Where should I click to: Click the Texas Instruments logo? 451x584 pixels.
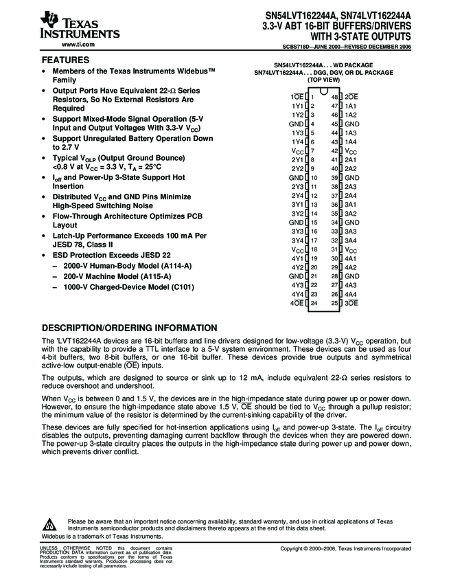pyautogui.click(x=80, y=26)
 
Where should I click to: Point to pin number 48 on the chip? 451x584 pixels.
pyautogui.click(x=335, y=98)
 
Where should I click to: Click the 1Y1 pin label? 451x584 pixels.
pyautogui.click(x=297, y=106)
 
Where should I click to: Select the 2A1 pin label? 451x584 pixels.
pyautogui.click(x=350, y=159)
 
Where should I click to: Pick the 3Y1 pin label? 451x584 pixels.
pyautogui.click(x=297, y=205)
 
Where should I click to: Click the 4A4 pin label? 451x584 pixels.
pyautogui.click(x=350, y=293)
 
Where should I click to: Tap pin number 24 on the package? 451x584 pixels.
pyautogui.click(x=312, y=302)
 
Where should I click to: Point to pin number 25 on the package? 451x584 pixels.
pyautogui.click(x=335, y=302)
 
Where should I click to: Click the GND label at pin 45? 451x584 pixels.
pyautogui.click(x=351, y=124)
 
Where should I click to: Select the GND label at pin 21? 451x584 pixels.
pyautogui.click(x=296, y=276)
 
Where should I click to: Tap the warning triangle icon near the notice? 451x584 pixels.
pyautogui.click(x=52, y=524)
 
